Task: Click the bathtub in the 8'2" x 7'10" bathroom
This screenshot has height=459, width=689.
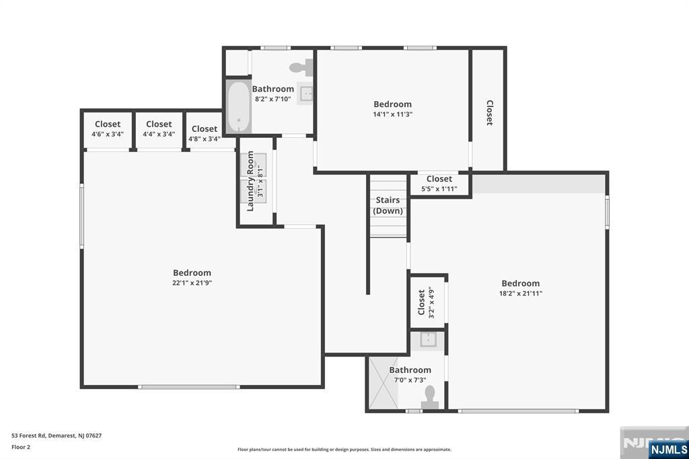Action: tap(239, 106)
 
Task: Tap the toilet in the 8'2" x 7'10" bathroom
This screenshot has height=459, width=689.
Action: tap(301, 67)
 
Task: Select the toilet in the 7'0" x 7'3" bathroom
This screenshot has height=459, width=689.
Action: tap(429, 398)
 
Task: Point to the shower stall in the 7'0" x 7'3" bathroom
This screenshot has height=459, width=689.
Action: tap(383, 382)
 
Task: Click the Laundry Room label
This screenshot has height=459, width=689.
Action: tap(250, 181)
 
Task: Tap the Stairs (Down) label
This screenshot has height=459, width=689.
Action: tap(388, 205)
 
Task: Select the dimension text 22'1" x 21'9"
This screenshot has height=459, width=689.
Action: tap(192, 283)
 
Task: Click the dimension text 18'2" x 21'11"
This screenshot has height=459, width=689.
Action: tap(521, 293)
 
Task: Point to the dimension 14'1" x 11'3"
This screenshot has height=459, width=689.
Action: tap(392, 114)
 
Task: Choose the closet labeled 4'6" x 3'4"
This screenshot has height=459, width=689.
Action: tap(108, 130)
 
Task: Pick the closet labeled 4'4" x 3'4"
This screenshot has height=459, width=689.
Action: tap(159, 130)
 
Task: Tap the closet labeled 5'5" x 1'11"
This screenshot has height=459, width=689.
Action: tap(439, 184)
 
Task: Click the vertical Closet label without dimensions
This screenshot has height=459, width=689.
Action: tap(489, 113)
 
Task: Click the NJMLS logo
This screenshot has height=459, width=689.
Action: tap(668, 449)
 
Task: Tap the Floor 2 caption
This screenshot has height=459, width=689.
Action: tap(21, 447)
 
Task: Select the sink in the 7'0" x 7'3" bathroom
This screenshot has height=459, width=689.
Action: tap(427, 340)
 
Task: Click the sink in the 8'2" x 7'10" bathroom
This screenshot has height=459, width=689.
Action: tap(306, 93)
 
